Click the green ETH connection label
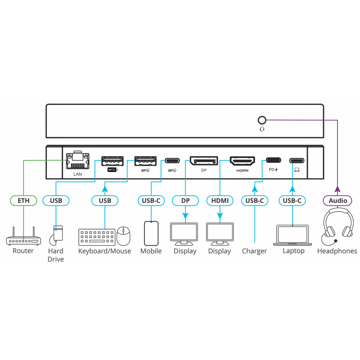click(23, 200)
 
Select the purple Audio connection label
click(337, 200)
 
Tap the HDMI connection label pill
click(220, 200)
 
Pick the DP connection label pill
click(185, 200)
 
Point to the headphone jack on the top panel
click(261, 120)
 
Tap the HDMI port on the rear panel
click(243, 161)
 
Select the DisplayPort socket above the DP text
click(203, 161)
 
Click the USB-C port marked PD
click(274, 160)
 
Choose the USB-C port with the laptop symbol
click(297, 160)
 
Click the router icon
click(23, 238)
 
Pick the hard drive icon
click(57, 234)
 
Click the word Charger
click(254, 251)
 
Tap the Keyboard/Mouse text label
click(104, 251)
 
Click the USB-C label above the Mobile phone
click(151, 200)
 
